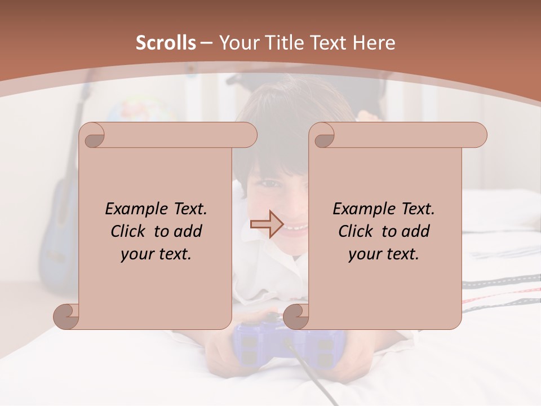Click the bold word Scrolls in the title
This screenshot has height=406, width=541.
[x=166, y=43]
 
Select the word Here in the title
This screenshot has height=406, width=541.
[x=374, y=43]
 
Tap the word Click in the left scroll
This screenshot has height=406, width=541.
[x=129, y=231]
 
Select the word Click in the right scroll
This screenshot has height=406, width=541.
[x=357, y=231]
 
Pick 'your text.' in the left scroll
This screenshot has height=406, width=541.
[x=156, y=254]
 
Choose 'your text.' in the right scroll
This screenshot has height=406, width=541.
[x=384, y=254]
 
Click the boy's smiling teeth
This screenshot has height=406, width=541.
[x=295, y=228]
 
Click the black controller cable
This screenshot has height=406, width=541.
[x=316, y=378]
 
